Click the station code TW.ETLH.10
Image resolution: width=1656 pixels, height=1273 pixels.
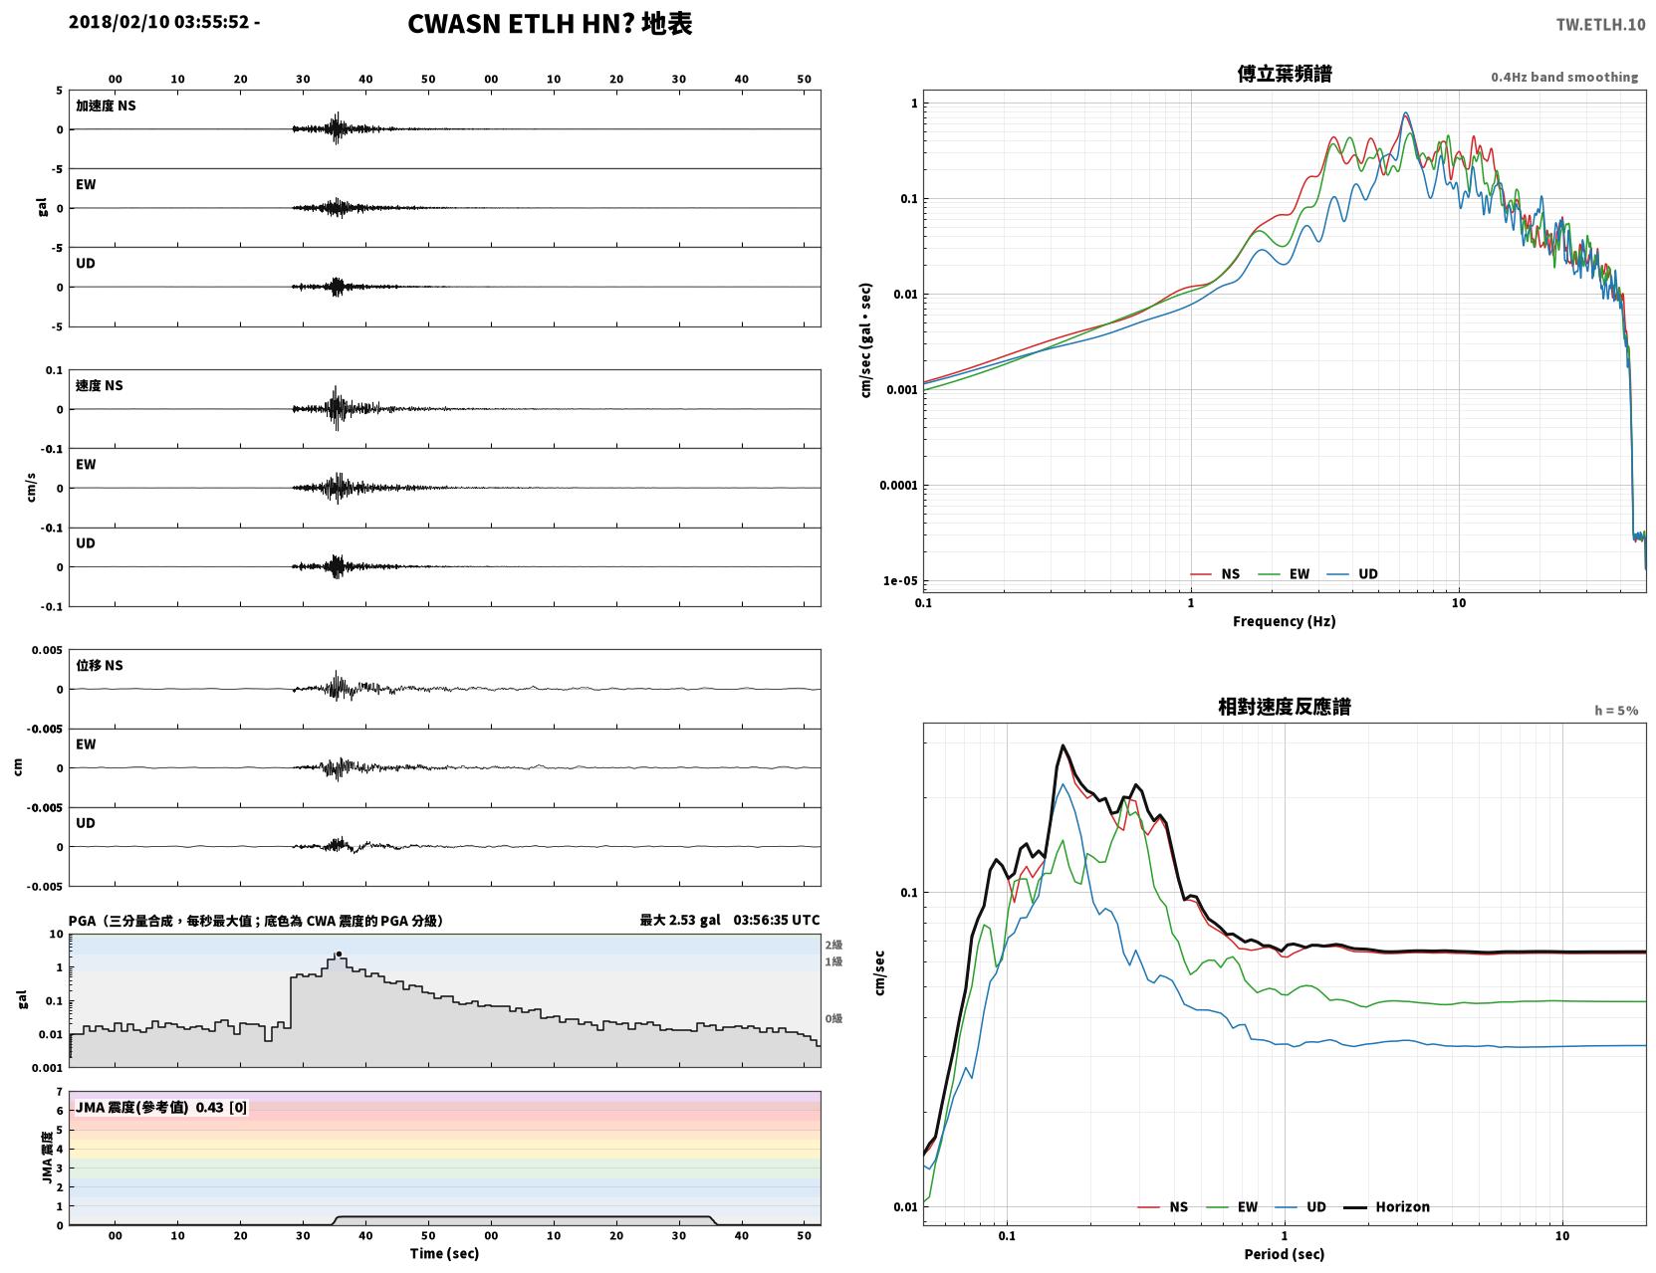click(1600, 24)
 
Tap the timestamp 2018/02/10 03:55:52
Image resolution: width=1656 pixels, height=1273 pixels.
click(158, 21)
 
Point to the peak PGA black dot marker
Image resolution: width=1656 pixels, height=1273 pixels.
click(339, 954)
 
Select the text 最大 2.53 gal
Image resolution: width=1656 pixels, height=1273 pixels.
click(680, 920)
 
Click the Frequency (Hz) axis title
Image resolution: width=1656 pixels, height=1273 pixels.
click(1284, 621)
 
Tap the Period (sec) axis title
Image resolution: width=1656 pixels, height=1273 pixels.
click(1284, 1254)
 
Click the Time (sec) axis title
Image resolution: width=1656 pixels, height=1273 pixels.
click(444, 1253)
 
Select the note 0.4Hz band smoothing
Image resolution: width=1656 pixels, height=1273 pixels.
click(1563, 77)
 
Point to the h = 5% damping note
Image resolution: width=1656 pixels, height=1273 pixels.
click(1615, 711)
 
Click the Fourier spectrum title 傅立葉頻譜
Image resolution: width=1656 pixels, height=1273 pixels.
click(1285, 74)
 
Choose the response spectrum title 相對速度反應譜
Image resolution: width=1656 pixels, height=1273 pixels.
click(1285, 707)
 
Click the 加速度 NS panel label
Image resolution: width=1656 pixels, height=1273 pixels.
click(106, 106)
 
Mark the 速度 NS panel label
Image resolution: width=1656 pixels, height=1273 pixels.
click(99, 385)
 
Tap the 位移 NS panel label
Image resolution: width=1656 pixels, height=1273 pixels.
click(99, 665)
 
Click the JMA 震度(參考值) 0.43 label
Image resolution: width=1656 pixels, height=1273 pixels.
click(160, 1107)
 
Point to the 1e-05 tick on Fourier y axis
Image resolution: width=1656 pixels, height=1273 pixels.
click(900, 581)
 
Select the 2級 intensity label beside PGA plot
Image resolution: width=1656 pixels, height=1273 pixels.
click(833, 945)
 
